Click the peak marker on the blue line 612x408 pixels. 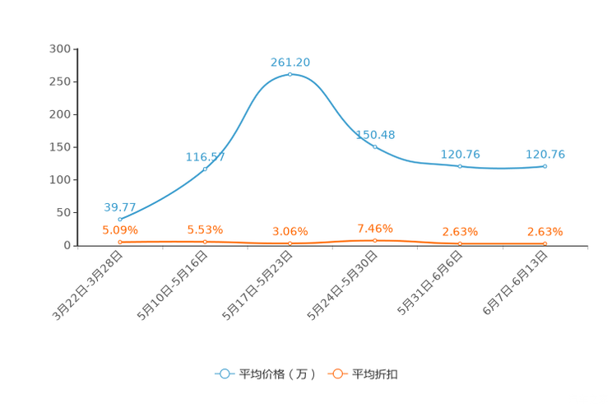[290, 75]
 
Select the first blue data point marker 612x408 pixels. [120, 220]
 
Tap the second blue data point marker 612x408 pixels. [205, 169]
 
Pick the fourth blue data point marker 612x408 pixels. [375, 146]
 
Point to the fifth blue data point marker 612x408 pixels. [460, 166]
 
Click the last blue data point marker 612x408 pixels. [545, 166]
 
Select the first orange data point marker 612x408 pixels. [120, 241]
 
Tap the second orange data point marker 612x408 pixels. [205, 241]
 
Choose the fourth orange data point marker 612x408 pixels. [375, 240]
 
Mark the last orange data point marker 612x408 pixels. [545, 243]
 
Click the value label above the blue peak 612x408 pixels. [290, 61]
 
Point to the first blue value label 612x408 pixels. [120, 207]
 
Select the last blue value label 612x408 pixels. [545, 153]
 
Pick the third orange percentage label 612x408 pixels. [290, 231]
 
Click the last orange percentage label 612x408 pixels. [545, 231]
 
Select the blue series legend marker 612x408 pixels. [224, 373]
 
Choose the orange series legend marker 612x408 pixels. [337, 373]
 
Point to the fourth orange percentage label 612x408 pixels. [375, 228]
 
